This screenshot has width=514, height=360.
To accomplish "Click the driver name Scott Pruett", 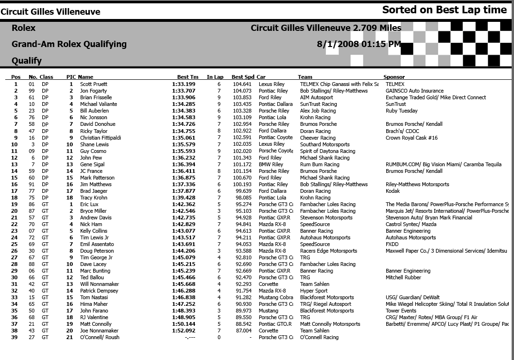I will coord(94,84).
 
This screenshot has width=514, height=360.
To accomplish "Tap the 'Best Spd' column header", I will coord(243,77).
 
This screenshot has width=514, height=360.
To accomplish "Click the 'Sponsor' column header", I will coord(394,77).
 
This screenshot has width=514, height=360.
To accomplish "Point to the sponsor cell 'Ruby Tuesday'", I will coord(401,111).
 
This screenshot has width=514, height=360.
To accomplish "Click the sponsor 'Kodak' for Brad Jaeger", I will coord(392,191).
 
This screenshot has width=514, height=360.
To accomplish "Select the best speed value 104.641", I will coord(242,84).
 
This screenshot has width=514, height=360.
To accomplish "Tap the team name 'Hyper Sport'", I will coord(314,291).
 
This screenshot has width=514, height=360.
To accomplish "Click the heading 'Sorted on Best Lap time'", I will coord(444,10).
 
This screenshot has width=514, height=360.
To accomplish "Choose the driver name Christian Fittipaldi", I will coord(100,138).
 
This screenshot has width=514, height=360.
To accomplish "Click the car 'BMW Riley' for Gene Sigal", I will coord(271,164).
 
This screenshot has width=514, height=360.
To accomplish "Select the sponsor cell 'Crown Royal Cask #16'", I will coord(411,138).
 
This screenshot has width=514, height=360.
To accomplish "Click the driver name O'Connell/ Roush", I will coord(99,337).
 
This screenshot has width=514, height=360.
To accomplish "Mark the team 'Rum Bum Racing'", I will coord(319,164).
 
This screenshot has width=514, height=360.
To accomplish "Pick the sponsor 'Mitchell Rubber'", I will coord(403,277).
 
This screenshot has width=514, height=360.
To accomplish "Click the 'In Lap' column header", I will coord(215,77).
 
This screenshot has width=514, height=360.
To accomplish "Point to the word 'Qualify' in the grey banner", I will coord(27,61).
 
